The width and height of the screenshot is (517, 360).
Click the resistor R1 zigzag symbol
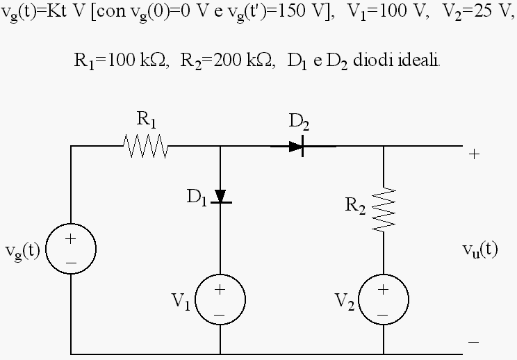(x=145, y=146)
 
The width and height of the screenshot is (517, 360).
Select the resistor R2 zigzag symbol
(x=384, y=210)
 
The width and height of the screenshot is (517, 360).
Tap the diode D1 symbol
(x=220, y=197)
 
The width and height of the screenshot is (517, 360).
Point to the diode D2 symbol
(x=297, y=146)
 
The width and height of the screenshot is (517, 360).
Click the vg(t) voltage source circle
(x=45, y=249)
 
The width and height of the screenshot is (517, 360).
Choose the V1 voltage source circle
(x=196, y=300)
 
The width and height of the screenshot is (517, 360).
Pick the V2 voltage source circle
(x=359, y=300)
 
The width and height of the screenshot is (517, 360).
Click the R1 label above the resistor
(x=146, y=120)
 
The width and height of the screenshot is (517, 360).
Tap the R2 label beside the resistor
(x=355, y=206)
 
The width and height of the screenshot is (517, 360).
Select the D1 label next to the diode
(x=197, y=197)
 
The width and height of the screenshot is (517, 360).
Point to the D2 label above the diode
(x=299, y=122)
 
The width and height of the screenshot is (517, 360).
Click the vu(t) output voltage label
(x=480, y=250)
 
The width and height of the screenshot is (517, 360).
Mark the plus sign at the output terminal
(x=474, y=154)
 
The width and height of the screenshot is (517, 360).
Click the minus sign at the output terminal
(x=473, y=342)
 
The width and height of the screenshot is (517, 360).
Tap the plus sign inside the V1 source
(x=220, y=289)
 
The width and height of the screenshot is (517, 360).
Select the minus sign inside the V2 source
(x=383, y=315)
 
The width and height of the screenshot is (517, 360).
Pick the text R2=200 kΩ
(x=228, y=61)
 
